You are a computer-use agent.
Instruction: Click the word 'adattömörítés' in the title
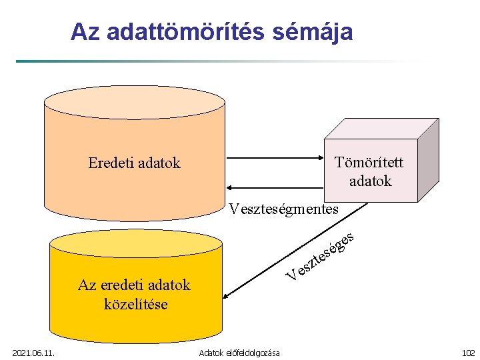[x=189, y=31]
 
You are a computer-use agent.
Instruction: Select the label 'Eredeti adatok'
[x=134, y=163]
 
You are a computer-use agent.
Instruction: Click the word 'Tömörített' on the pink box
[x=369, y=163]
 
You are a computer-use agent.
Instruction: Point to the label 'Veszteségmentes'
[x=283, y=209]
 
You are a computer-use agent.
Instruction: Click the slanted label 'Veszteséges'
[x=320, y=257]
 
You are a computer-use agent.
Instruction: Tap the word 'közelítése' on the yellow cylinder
[x=135, y=304]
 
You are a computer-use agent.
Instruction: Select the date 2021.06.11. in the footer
[x=34, y=352]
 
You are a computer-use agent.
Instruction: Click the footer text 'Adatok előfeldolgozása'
[x=239, y=352]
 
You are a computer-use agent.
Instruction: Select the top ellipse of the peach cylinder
[x=134, y=102]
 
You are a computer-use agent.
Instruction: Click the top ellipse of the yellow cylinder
[x=135, y=243]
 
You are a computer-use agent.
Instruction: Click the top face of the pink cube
[x=380, y=129]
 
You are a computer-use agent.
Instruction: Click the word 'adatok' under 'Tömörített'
[x=370, y=181]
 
